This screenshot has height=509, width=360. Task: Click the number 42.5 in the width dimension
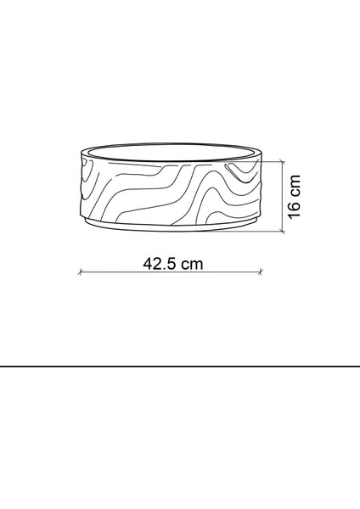(160, 263)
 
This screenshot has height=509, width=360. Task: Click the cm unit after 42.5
(192, 263)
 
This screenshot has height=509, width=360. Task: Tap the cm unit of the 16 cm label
(295, 187)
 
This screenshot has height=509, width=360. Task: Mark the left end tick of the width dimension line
(80, 272)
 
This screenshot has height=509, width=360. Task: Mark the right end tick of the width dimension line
(261, 272)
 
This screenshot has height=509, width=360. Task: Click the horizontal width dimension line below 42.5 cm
(170, 272)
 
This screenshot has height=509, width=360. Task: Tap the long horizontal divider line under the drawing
(180, 366)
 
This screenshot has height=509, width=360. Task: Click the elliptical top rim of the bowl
(170, 151)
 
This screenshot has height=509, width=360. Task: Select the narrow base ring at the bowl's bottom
(170, 227)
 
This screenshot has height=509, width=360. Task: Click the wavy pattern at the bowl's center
(170, 191)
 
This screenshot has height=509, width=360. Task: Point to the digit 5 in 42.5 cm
(172, 263)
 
